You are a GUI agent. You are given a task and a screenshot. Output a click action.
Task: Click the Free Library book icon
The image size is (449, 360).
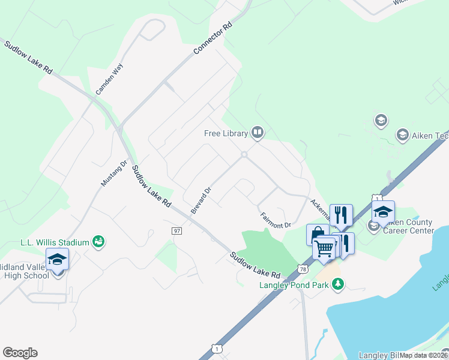point(258,132)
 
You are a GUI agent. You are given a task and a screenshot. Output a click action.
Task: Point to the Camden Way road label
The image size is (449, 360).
point(109,79)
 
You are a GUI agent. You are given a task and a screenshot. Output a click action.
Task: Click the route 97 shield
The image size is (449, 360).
point(176,231)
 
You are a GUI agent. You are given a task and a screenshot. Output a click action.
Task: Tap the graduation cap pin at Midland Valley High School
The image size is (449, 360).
point(57,260)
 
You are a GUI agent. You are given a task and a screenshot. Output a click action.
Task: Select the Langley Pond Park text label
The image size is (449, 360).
point(294,285)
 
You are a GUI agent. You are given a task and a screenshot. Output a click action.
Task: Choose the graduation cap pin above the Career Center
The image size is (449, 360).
point(383,212)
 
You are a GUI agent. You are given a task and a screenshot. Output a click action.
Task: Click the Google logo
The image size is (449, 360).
point(20,353)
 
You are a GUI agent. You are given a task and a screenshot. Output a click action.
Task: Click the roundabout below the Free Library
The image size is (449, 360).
point(244,155)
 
